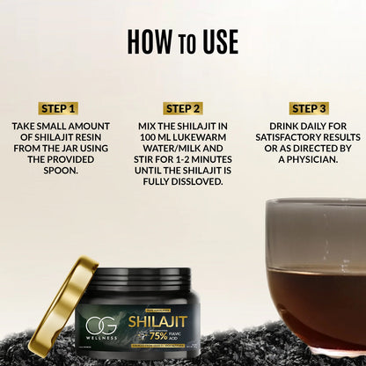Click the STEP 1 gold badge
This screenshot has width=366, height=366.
(58, 109)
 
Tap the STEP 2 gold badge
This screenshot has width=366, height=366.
(183, 109)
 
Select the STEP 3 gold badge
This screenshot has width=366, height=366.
(308, 109)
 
